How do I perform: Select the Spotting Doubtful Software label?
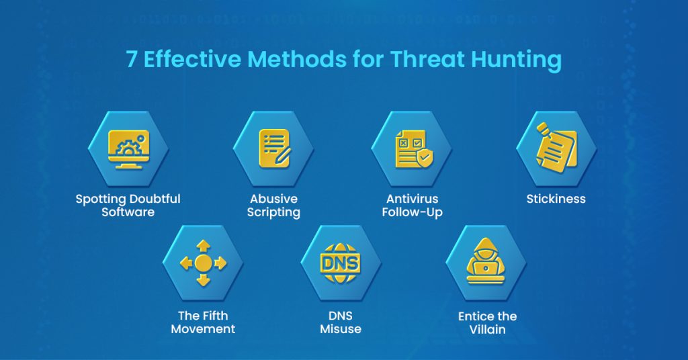point(128,206)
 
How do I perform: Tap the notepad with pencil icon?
point(274,148)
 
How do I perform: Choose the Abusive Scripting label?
point(273,206)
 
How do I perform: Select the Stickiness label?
point(556,199)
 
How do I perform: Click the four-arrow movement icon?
point(203,263)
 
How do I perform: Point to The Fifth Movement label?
point(203,322)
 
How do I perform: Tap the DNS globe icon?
point(341,263)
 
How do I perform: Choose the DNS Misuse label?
point(341,322)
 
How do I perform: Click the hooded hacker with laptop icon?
point(486,263)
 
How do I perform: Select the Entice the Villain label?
point(487,322)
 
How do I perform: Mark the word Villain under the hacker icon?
point(487,329)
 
